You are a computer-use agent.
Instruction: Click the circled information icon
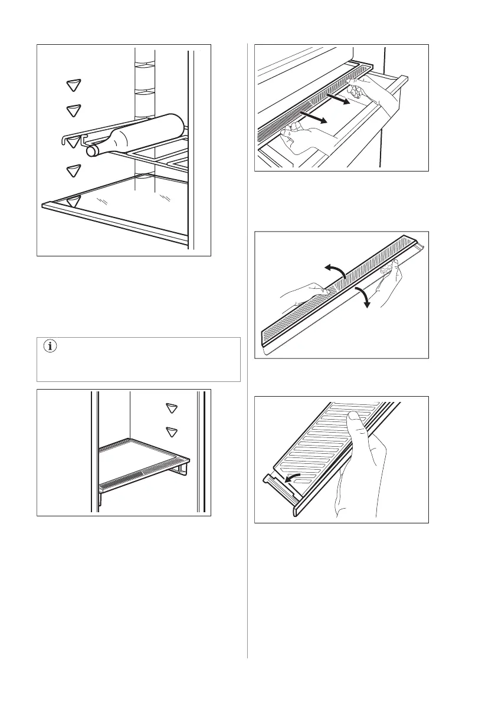click(48, 347)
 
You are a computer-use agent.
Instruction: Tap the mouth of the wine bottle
click(91, 151)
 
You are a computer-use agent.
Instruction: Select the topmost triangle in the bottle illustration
click(73, 85)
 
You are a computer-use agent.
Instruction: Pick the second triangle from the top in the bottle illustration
click(73, 110)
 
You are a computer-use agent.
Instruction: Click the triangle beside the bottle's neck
click(73, 141)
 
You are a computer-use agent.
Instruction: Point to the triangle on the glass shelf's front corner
click(73, 202)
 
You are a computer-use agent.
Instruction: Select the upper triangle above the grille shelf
click(172, 408)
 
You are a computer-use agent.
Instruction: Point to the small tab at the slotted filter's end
click(273, 481)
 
